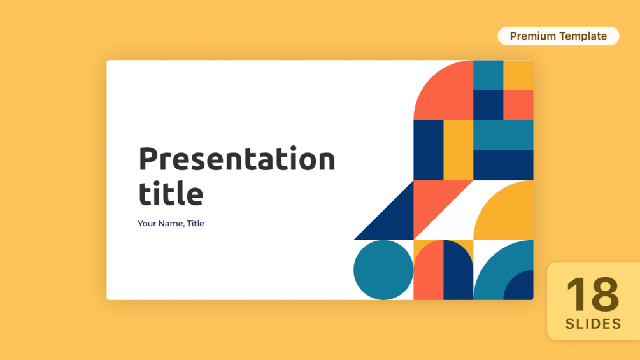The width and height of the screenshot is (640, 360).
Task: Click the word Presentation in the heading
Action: pyautogui.click(x=237, y=160)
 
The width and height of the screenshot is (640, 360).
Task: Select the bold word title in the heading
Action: pyautogui.click(x=171, y=192)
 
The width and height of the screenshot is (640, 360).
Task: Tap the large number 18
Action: pyautogui.click(x=593, y=294)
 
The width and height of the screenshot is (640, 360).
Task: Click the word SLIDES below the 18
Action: pyautogui.click(x=594, y=324)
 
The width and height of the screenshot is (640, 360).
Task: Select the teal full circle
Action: pyautogui.click(x=383, y=270)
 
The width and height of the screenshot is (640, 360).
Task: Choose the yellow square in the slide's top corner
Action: pyautogui.click(x=518, y=75)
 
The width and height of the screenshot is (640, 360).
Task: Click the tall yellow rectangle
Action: pyautogui.click(x=459, y=150)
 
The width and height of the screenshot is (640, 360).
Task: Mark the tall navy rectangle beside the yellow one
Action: pyautogui.click(x=429, y=150)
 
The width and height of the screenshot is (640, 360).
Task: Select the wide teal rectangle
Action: pyautogui.click(x=503, y=135)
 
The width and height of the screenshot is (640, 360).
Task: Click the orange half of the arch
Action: pyautogui.click(x=429, y=273)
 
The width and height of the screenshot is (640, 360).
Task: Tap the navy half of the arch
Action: pyautogui.click(x=457, y=273)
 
